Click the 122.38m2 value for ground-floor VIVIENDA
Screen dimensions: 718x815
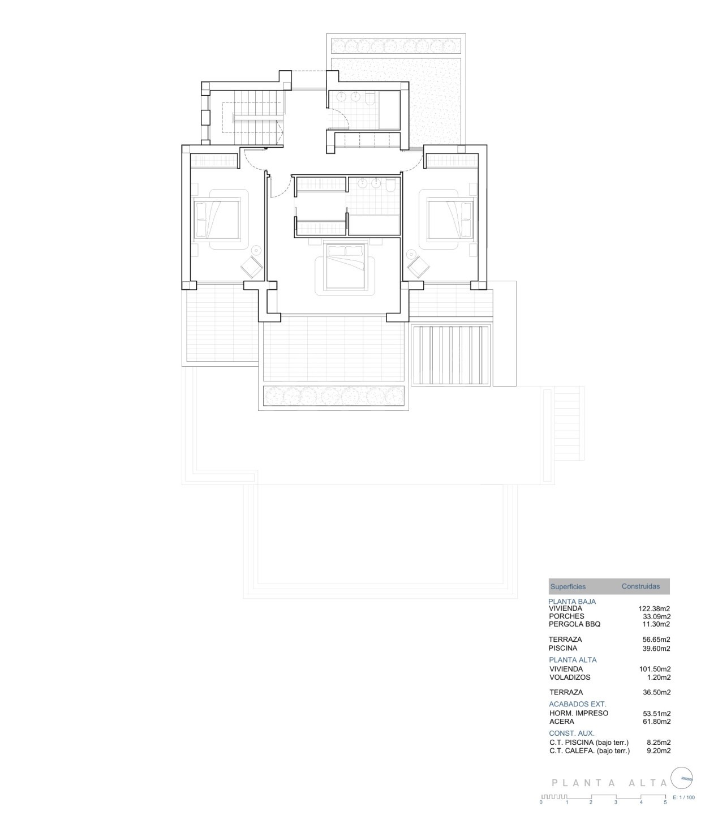coord(654,608)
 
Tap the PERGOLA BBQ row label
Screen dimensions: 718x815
coord(574,624)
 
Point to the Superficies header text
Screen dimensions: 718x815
coord(568,586)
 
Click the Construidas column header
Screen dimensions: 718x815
coord(641,586)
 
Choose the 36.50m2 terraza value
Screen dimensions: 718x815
coord(656,692)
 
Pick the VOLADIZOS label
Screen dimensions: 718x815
coord(570,677)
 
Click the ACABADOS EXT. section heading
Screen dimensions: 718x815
coord(578,704)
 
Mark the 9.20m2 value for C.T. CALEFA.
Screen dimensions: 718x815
coord(659,750)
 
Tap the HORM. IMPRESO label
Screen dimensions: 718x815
coord(579,713)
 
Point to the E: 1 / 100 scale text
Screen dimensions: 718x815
coord(684,797)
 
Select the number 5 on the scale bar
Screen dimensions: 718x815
coord(665,802)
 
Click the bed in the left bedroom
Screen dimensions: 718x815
coord(216,219)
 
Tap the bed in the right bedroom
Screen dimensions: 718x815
coord(450,219)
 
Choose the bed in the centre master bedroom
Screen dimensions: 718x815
coord(346,266)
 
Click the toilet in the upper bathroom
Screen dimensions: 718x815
coord(371,99)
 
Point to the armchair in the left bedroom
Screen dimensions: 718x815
coord(251,267)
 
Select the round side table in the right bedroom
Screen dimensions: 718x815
coord(411,254)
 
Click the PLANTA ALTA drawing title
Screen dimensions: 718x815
coord(609,782)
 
